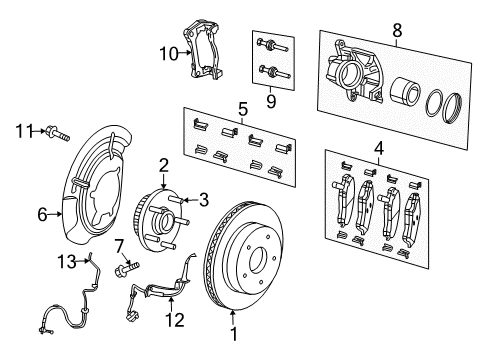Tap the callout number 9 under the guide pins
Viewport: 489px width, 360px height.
click(x=269, y=101)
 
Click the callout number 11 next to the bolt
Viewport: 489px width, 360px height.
click(x=24, y=129)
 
